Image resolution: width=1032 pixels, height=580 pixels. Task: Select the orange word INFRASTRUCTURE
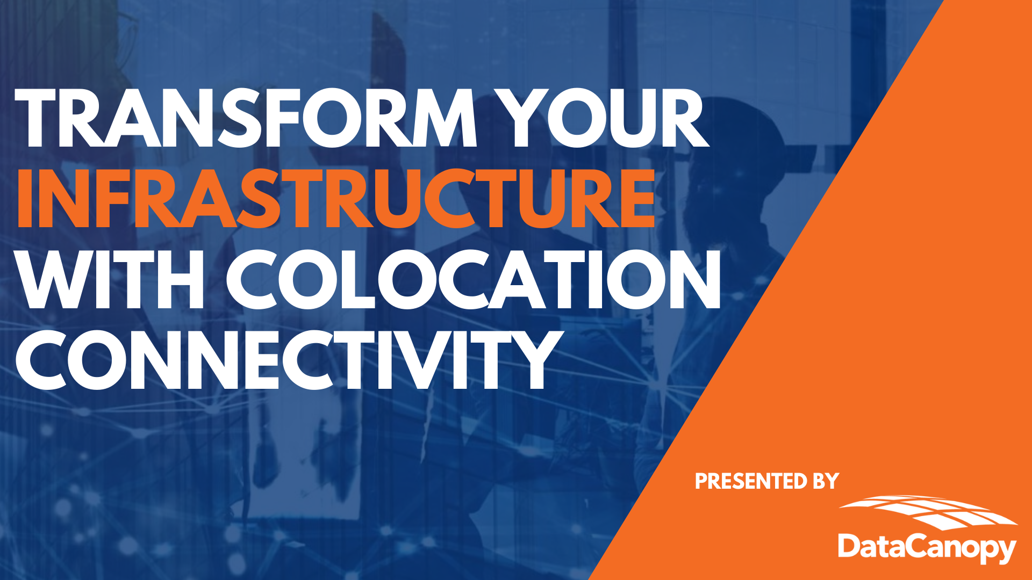[336, 198]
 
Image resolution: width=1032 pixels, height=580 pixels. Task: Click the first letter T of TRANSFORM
[40, 118]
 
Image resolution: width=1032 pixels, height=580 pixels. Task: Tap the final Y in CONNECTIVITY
[532, 359]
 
